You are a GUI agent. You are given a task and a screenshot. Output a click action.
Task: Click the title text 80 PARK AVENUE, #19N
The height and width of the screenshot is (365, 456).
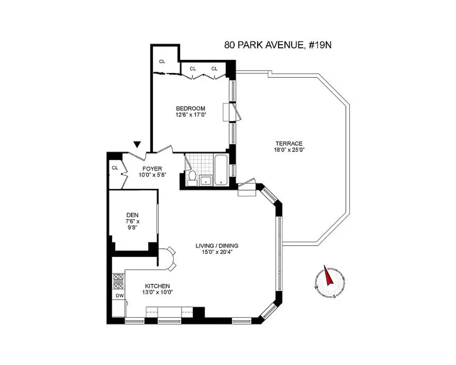coord(278,45)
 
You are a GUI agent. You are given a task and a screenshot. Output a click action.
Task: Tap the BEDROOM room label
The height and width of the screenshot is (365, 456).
coord(190,108)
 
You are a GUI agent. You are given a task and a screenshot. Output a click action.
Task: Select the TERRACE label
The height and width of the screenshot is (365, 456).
coord(289,143)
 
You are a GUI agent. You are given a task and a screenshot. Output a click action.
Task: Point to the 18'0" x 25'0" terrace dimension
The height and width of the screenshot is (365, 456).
coord(289,149)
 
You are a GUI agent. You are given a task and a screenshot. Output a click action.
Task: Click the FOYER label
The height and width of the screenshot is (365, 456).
coord(152,169)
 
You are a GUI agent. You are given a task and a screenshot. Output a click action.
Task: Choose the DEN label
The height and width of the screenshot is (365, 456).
coord(132,215)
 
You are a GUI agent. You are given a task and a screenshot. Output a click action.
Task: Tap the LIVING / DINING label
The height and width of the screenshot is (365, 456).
coord(217,246)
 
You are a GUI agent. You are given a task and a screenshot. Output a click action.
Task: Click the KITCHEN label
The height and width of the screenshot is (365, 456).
coord(157,286)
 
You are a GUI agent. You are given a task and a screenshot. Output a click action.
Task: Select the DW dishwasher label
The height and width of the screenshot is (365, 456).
coord(119,296)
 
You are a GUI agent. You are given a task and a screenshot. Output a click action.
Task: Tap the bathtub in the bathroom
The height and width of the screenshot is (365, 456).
coord(221,170)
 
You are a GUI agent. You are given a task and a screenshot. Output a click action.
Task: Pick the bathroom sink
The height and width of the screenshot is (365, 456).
coord(206,180)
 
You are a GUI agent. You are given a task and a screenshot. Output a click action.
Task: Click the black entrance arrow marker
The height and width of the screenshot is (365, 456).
coord(137,145)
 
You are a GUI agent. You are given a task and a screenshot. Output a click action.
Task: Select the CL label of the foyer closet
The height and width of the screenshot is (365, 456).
coord(115,168)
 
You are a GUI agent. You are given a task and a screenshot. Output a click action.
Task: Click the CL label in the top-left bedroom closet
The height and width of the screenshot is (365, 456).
coord(162,61)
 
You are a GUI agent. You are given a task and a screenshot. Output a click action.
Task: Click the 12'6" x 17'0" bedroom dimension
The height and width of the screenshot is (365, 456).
coord(190,114)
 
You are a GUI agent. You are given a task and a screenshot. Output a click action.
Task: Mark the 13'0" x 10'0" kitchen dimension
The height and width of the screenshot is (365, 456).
coord(157,292)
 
